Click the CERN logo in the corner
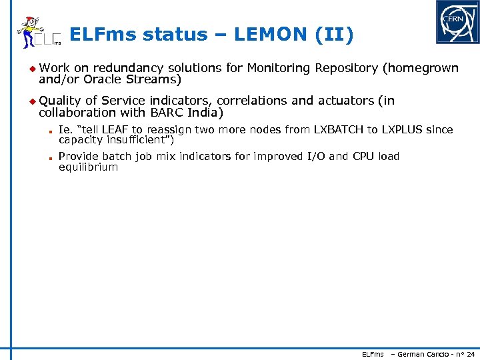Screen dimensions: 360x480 [x=457, y=22]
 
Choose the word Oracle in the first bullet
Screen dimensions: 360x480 [x=107, y=79]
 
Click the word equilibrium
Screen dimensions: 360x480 [x=88, y=167]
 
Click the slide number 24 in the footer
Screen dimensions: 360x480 [x=471, y=354]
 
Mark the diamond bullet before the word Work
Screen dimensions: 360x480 [x=31, y=67]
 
